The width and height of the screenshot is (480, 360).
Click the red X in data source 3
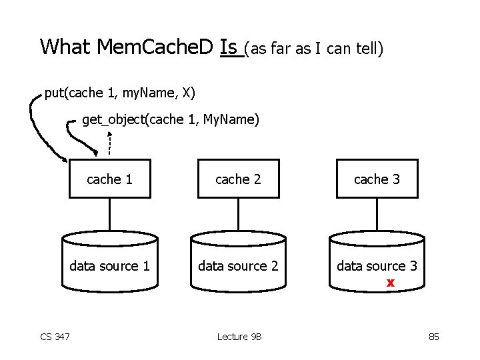[x=391, y=283]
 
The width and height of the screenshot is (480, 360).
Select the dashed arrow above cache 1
[x=109, y=143]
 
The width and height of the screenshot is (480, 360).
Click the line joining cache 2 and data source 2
[x=239, y=214]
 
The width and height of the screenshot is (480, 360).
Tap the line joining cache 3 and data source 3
[x=377, y=214]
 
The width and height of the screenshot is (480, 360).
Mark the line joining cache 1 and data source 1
[x=110, y=214]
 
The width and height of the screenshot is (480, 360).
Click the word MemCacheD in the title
[x=155, y=47]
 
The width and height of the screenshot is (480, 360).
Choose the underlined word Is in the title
[x=229, y=48]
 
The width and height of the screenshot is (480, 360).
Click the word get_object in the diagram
[x=113, y=120]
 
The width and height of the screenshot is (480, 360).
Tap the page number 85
[x=434, y=337]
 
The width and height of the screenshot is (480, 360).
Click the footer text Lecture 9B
[x=239, y=337]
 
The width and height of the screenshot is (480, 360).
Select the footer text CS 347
[x=55, y=337]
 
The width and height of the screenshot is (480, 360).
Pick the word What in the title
[x=65, y=47]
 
